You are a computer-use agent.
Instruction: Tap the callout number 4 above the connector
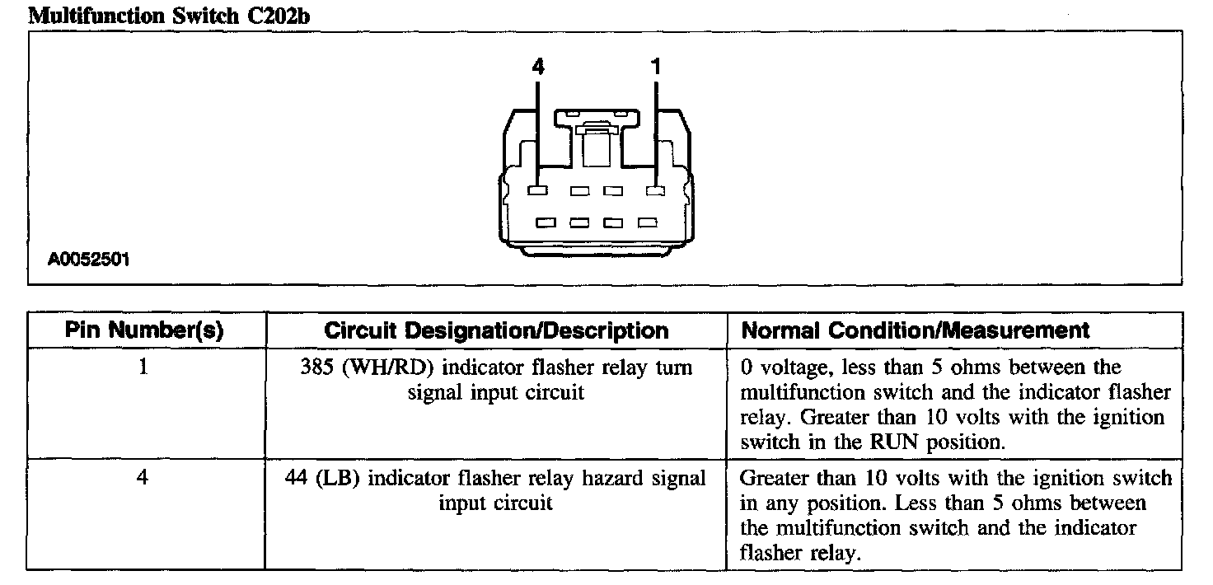click(538, 68)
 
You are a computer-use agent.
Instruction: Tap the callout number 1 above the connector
click(656, 68)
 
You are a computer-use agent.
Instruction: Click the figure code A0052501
click(89, 260)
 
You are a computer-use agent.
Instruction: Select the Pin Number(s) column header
click(145, 331)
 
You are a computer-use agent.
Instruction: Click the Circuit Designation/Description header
click(496, 331)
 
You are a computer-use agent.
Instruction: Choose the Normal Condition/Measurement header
click(916, 331)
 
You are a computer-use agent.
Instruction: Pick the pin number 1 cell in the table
click(143, 367)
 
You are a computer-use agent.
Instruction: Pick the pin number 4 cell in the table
click(143, 479)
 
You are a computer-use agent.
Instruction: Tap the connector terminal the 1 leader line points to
click(656, 191)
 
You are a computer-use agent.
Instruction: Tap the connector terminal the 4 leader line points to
click(537, 191)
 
